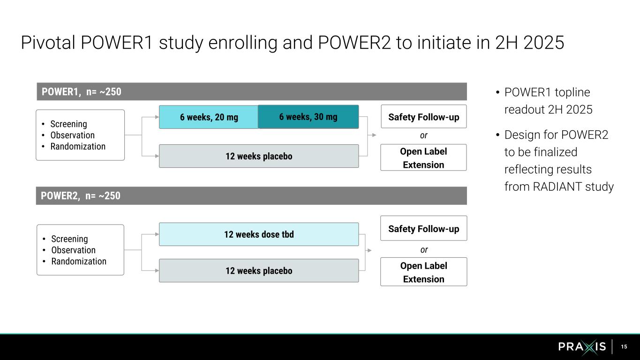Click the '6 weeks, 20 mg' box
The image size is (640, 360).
coord(209,117)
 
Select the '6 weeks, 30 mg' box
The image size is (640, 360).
coord(308,117)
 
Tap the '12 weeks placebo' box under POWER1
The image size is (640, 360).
coord(259,156)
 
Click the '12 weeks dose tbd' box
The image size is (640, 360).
coord(259,234)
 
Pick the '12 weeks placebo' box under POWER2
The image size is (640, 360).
coord(259,270)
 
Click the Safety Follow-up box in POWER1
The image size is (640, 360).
coord(423,117)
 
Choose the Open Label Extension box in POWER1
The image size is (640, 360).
coord(423,157)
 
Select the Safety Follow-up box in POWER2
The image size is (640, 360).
coord(423,229)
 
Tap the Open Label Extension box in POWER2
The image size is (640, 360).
coord(423,272)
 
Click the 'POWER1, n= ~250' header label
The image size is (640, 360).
coord(82,92)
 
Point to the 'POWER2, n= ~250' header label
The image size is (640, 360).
coord(81,196)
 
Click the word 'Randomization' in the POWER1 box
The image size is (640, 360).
coord(78,146)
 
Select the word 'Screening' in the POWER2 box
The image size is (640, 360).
coord(69,239)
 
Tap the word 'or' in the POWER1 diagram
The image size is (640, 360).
coord(423,135)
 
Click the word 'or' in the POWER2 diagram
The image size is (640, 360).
coord(424,250)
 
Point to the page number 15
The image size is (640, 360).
coord(624,347)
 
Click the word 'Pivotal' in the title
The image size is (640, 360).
coord(48,43)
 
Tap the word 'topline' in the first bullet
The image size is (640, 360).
coord(572,92)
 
